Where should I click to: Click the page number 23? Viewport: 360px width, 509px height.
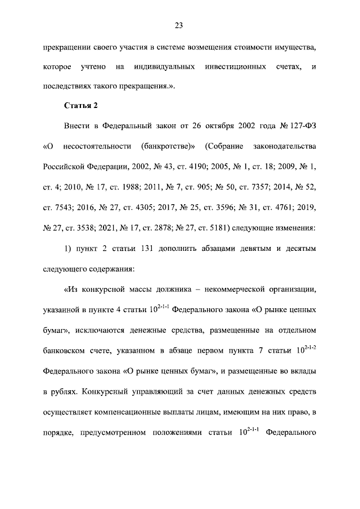(179, 25)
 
